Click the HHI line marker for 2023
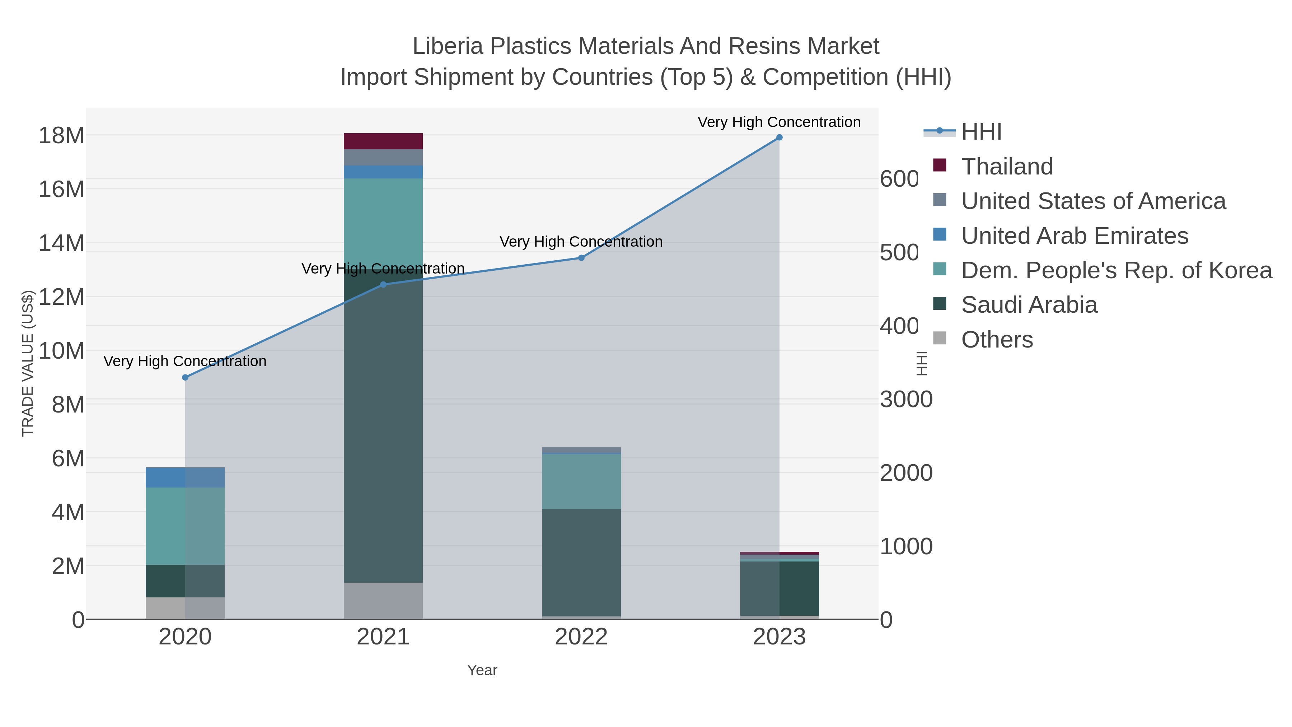tap(779, 138)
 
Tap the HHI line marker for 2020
tap(185, 377)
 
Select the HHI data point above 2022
tap(581, 258)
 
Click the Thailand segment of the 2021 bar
tap(383, 141)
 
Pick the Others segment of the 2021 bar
tap(383, 601)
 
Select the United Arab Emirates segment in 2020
tap(185, 477)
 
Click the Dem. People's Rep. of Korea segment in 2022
tap(581, 482)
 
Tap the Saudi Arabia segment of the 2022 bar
tap(581, 562)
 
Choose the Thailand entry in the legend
tap(1007, 167)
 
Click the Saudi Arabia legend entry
tap(1029, 305)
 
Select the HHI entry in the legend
tap(981, 132)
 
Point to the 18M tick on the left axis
tap(61, 135)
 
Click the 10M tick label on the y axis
tap(61, 351)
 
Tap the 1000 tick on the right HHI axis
tap(906, 546)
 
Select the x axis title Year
tap(482, 670)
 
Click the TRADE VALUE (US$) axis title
tap(28, 363)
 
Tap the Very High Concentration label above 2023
tap(779, 122)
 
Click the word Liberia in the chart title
tap(448, 46)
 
